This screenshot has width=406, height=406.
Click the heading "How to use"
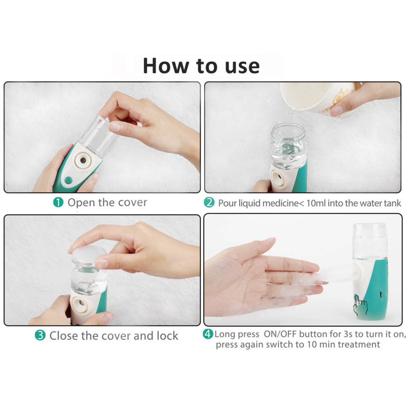point(201,66)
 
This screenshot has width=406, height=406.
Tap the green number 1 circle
point(58,202)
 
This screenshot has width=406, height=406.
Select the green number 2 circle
point(209,203)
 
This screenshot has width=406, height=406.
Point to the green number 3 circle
point(40,335)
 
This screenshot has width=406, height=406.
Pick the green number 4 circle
point(208,334)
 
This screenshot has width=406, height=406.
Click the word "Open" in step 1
point(81,203)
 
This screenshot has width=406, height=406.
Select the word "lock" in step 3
point(167,336)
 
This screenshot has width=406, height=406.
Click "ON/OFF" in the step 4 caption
point(281,334)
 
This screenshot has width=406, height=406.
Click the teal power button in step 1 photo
point(69,180)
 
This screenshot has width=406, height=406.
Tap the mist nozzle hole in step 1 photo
point(83,160)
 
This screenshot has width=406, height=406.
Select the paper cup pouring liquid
point(320,97)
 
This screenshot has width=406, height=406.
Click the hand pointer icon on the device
point(360,305)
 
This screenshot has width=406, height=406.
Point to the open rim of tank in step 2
point(288,129)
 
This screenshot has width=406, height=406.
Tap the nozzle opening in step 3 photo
point(81,303)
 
